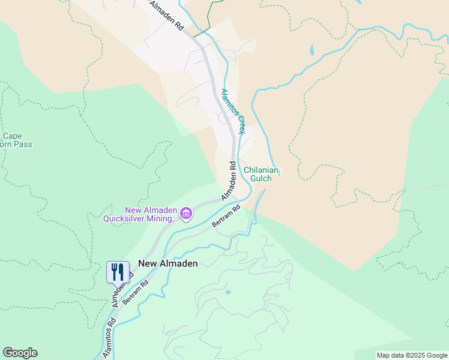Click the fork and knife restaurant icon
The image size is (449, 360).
[118, 271]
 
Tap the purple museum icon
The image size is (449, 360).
[186, 214]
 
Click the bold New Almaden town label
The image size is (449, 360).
[167, 263]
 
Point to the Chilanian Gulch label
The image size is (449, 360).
[261, 175]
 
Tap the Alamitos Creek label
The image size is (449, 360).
[234, 112]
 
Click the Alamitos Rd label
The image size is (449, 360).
[111, 331]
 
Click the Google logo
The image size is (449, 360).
[20, 353]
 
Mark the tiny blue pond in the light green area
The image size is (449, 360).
[228, 293]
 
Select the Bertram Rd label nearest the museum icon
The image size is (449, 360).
[226, 217]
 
